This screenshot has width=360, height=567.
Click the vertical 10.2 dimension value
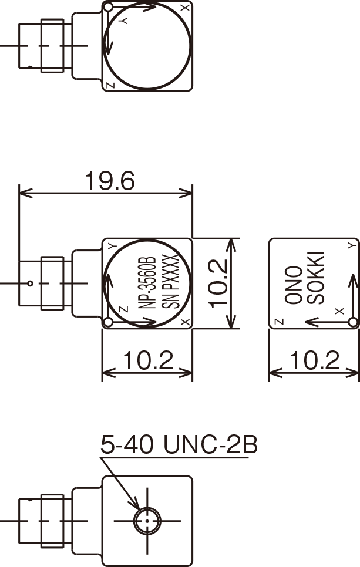pyautogui.click(x=218, y=283)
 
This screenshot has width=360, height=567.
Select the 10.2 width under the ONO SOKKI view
pyautogui.click(x=314, y=360)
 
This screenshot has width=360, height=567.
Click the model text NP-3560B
pyautogui.click(x=147, y=283)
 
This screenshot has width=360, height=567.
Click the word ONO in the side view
pyautogui.click(x=294, y=285)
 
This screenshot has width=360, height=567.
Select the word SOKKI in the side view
pyautogui.click(x=316, y=278)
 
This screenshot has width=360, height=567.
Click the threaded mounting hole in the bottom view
pyautogui.click(x=147, y=521)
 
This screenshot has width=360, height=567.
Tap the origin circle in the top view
pyautogui.click(x=108, y=7)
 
